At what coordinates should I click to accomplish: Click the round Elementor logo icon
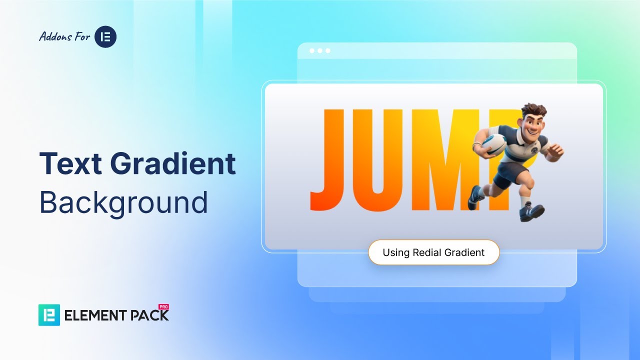[x=105, y=36]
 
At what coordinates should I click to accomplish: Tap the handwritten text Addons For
[x=64, y=36]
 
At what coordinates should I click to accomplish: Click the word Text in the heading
[x=70, y=163]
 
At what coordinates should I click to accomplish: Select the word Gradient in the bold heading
[x=173, y=163]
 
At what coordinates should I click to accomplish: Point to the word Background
[x=123, y=202]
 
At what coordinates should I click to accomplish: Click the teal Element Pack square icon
[x=49, y=315]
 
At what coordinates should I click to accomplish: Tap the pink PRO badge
[x=163, y=307]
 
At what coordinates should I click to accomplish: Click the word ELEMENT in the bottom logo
[x=95, y=315]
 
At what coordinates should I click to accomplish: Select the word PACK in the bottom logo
[x=149, y=315]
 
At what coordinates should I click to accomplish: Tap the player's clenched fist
[x=556, y=151]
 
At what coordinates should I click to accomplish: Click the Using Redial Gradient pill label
[x=433, y=252]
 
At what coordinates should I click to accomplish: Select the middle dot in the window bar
[x=320, y=51]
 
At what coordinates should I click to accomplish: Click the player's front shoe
[x=532, y=212]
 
